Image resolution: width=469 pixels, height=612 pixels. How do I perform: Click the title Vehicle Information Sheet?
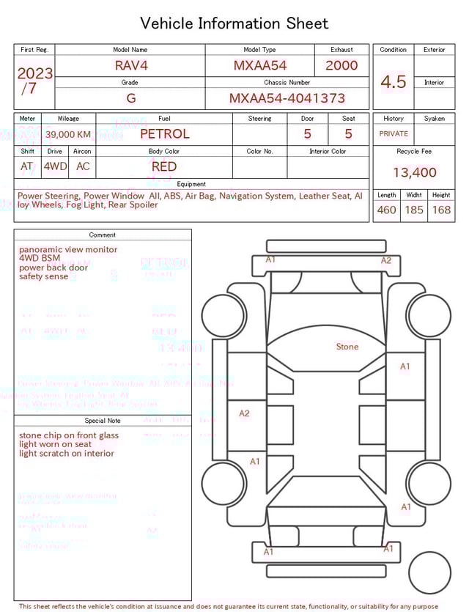pos(234,23)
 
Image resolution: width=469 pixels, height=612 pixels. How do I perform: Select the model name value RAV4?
pos(131,65)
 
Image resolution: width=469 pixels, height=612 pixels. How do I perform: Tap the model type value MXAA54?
pos(260,65)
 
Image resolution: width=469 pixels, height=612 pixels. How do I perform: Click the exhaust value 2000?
pos(341,65)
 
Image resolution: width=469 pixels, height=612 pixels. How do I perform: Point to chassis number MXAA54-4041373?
pos(287,98)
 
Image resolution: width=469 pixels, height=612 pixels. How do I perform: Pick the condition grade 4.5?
pos(393,81)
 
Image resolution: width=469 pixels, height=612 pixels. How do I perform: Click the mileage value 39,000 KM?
pos(68,134)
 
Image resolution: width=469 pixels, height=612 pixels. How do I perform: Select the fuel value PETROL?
pos(164,133)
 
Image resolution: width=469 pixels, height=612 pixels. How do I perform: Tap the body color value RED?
pos(164,166)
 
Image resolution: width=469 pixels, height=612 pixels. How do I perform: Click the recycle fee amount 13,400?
pos(414,173)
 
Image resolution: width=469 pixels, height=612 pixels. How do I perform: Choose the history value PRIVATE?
pos(394,133)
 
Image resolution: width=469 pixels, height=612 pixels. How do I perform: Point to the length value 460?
pos(386,210)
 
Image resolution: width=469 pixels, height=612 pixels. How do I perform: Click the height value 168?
pos(441,210)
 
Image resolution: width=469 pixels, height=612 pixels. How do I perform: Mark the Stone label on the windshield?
pos(347,346)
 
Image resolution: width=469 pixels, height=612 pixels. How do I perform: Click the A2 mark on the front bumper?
pos(386,260)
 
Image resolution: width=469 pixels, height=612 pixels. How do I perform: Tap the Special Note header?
pos(103,421)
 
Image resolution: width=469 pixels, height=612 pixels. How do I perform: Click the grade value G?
pos(130,98)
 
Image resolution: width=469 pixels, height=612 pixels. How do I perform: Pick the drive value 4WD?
pos(55,166)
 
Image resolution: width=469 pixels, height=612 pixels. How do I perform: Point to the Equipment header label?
pos(191,184)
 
